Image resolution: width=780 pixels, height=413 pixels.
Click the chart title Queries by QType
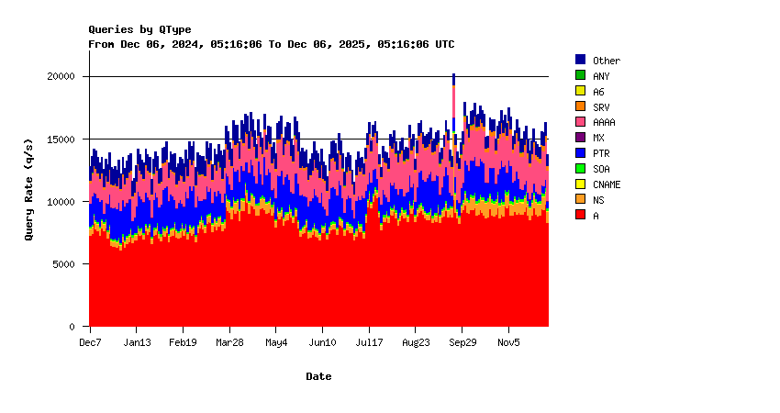tap(139, 29)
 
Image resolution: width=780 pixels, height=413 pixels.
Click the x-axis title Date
tap(318, 376)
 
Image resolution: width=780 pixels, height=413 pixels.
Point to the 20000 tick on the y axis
tap(61, 76)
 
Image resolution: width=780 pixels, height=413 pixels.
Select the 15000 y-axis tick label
tap(61, 139)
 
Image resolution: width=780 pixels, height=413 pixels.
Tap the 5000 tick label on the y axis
tap(64, 263)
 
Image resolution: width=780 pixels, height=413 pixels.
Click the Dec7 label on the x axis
tap(90, 342)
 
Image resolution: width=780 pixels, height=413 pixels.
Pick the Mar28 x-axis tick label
tap(229, 342)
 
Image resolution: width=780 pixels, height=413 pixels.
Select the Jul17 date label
tap(369, 342)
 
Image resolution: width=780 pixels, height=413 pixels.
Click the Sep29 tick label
tap(462, 342)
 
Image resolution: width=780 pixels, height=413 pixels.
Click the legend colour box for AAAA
tap(580, 122)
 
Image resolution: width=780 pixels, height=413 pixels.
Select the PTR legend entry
tap(600, 153)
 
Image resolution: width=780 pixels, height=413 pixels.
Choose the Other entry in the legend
tap(606, 61)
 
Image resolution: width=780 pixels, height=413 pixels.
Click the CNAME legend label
tap(606, 184)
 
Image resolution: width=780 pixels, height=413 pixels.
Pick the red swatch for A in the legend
tap(580, 215)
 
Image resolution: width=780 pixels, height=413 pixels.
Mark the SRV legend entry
tap(600, 107)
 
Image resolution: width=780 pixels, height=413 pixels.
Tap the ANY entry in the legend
tap(600, 76)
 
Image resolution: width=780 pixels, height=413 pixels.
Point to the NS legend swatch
tap(580, 199)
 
